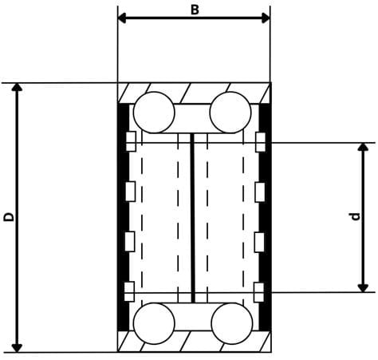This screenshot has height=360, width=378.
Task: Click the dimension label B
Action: pos(194,10)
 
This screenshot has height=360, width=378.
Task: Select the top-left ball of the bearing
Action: pos(154,113)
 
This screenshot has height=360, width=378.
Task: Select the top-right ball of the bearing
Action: pos(230,113)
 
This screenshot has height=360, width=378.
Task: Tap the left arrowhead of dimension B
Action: pos(123,18)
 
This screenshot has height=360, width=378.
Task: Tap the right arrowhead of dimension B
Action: pos(265,18)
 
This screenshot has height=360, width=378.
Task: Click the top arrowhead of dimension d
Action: pos(364,148)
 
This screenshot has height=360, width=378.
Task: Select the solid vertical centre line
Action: pos(193,217)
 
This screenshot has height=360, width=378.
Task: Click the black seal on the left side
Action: pos(122,216)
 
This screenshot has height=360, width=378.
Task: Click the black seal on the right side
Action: pos(266,216)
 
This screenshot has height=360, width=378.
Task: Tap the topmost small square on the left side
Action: pos(131,142)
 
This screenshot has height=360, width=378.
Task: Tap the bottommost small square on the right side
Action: pos(259,290)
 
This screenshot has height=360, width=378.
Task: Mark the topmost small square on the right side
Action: pos(259,142)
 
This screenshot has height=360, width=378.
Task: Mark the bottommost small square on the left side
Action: pos(131,290)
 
